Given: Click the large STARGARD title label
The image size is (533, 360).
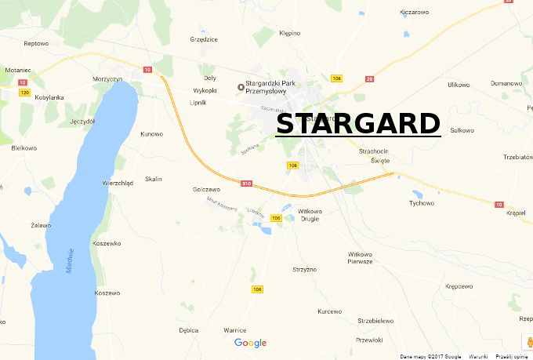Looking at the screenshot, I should [x=358, y=124].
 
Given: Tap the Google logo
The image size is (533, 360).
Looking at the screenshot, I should [x=251, y=343].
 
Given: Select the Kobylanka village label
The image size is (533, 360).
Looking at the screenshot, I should [x=49, y=97].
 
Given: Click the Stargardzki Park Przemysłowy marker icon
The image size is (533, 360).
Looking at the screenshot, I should [x=241, y=86].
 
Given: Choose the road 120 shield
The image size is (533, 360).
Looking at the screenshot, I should [x=25, y=93].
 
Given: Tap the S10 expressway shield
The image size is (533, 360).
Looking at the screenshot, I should [x=246, y=184].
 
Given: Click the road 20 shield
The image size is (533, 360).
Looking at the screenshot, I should [x=370, y=78].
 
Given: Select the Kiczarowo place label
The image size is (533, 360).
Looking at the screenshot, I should [x=415, y=12].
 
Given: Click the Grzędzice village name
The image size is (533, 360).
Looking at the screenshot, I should [x=204, y=38].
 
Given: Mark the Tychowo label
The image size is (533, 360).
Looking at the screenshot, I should [x=422, y=203].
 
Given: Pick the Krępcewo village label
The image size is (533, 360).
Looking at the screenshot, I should [x=459, y=286].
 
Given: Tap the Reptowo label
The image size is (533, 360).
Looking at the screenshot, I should [x=36, y=44].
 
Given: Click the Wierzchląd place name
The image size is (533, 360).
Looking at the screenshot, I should [x=118, y=183].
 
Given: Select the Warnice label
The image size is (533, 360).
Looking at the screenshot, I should [x=235, y=330].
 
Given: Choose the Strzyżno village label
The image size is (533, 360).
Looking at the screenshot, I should [x=304, y=270].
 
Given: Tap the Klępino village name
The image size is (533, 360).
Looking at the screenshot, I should [x=290, y=33].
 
